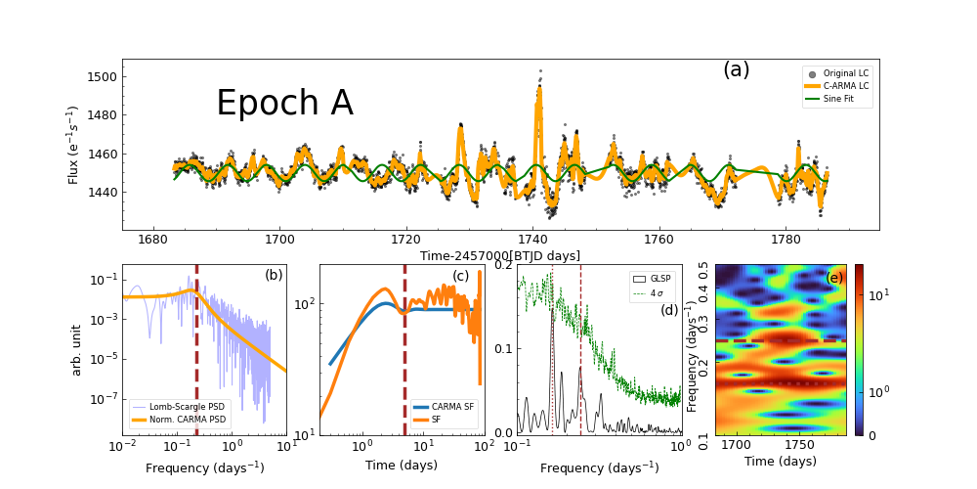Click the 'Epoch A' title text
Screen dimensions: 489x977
click(x=284, y=104)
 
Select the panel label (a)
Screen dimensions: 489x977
click(x=736, y=69)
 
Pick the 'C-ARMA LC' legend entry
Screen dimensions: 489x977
click(x=845, y=86)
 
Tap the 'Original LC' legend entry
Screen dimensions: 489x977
click(x=845, y=73)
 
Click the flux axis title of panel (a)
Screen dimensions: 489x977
click(x=74, y=145)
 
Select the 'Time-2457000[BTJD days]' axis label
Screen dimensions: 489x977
click(x=500, y=256)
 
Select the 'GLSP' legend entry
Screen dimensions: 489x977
click(x=660, y=279)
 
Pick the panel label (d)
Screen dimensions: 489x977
click(x=669, y=310)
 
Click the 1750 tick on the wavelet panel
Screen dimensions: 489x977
click(x=799, y=447)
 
